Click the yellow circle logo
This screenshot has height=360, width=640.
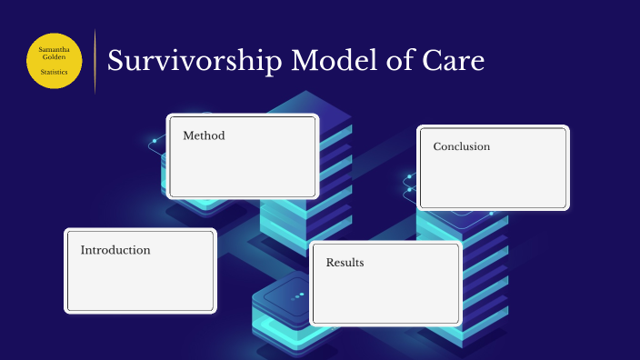[x=56, y=58]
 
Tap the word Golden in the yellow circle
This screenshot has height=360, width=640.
[x=56, y=56]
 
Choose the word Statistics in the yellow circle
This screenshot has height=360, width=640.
[x=56, y=71]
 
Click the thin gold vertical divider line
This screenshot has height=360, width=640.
[x=95, y=60]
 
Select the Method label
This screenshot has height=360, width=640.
[x=204, y=135]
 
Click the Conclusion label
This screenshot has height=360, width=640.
[x=461, y=146]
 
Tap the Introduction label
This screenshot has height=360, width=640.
[x=115, y=250]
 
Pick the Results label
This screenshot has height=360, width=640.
[x=345, y=263]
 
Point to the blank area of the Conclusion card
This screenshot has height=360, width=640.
[x=493, y=182]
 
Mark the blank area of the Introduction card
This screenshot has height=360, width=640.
[x=140, y=285]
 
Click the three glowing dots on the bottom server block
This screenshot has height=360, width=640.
[x=297, y=296]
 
